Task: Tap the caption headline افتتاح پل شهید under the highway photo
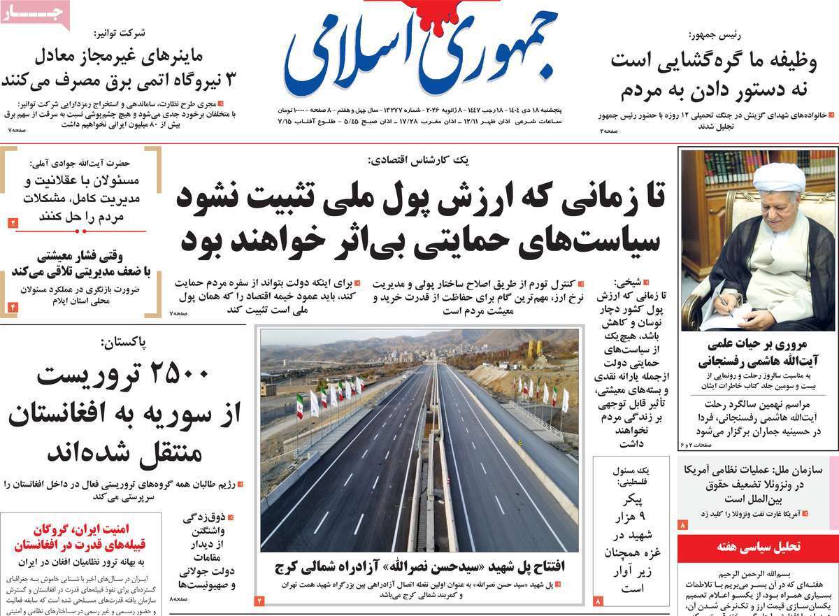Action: click(x=419, y=565)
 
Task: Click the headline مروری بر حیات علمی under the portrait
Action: click(x=757, y=352)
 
